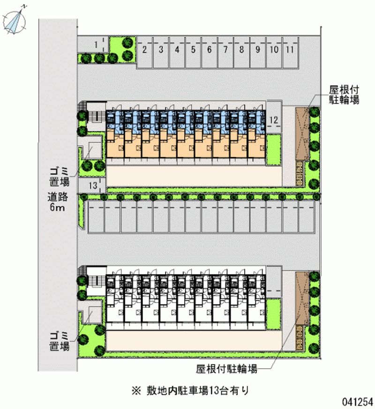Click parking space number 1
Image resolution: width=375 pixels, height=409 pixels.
tap(95, 45)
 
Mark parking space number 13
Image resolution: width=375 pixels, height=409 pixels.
tap(93, 186)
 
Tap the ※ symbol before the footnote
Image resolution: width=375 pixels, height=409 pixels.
tap(136, 389)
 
